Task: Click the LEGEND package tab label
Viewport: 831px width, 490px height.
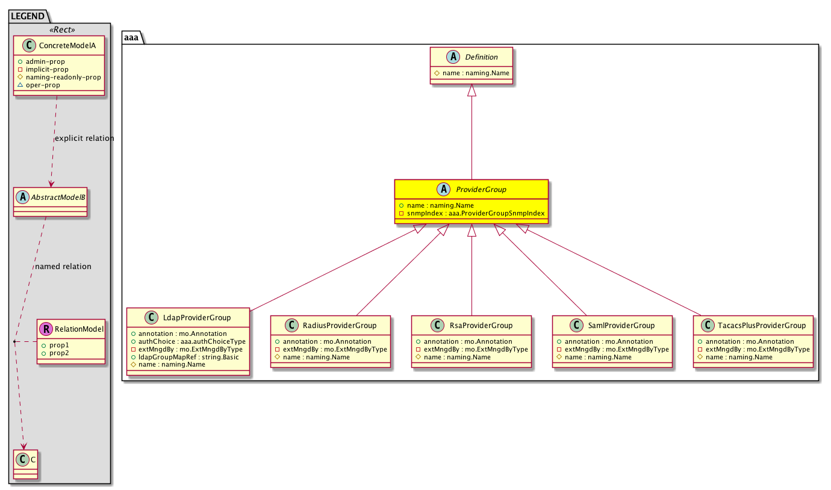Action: point(28,16)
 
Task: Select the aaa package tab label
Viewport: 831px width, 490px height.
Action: point(131,37)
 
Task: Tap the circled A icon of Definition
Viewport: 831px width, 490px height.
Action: point(453,57)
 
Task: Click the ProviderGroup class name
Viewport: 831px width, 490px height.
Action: point(481,190)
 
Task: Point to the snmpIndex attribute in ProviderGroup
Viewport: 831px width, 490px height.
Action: point(472,213)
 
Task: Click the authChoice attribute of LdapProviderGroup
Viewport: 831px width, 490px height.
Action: point(188,341)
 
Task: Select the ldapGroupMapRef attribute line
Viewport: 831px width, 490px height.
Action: point(185,357)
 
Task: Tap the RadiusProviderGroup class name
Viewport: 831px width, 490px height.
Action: point(340,325)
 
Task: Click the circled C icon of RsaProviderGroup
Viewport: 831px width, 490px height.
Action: point(437,325)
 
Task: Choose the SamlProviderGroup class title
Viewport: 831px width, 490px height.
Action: point(621,325)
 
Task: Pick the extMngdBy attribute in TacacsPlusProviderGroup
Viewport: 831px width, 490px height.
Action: point(754,349)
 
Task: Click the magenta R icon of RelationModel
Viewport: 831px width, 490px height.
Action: point(46,329)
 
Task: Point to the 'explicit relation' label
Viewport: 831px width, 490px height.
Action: point(84,138)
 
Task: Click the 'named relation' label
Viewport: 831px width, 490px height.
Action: point(63,266)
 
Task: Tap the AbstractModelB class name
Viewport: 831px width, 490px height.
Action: point(58,197)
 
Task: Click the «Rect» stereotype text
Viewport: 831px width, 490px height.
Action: point(62,29)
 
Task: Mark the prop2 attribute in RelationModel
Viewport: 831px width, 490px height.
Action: point(55,353)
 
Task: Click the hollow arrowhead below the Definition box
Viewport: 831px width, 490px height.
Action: point(472,90)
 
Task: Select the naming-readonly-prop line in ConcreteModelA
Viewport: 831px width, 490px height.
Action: point(59,77)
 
